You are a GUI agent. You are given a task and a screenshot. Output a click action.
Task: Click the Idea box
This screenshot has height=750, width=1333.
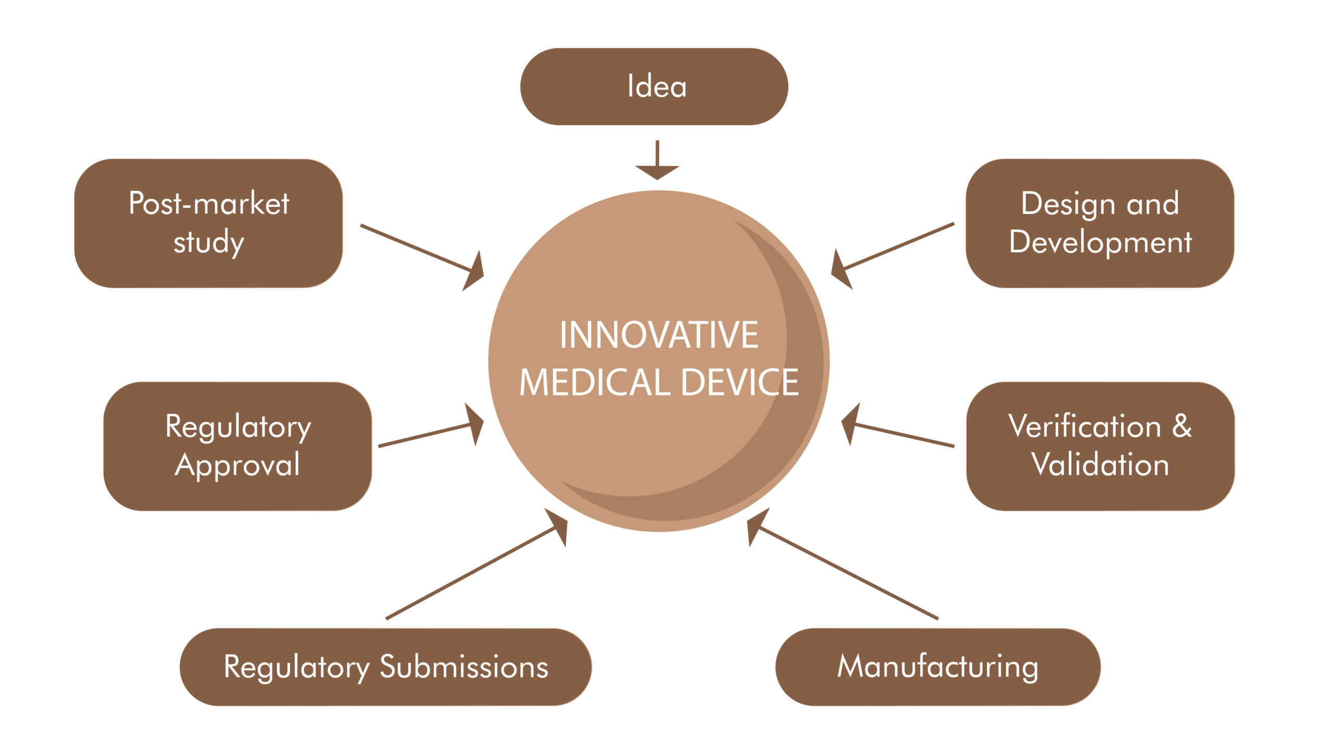654,86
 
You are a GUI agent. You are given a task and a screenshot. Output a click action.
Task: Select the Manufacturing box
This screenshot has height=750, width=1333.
938,667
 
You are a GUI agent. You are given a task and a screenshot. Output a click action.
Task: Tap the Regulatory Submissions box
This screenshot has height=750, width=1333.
386,667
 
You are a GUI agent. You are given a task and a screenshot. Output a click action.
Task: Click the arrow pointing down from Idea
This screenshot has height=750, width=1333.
657,160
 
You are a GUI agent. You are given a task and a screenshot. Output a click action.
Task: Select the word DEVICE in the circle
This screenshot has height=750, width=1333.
740,382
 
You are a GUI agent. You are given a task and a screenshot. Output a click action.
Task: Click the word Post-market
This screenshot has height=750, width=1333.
209,203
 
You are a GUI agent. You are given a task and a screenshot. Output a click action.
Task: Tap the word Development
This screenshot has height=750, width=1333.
1100,243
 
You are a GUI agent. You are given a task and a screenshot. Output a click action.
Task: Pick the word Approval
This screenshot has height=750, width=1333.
237,465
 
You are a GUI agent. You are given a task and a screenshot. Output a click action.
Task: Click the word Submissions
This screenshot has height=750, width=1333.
464,667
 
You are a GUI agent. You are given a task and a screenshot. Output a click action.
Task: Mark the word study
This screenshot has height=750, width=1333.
208,243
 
